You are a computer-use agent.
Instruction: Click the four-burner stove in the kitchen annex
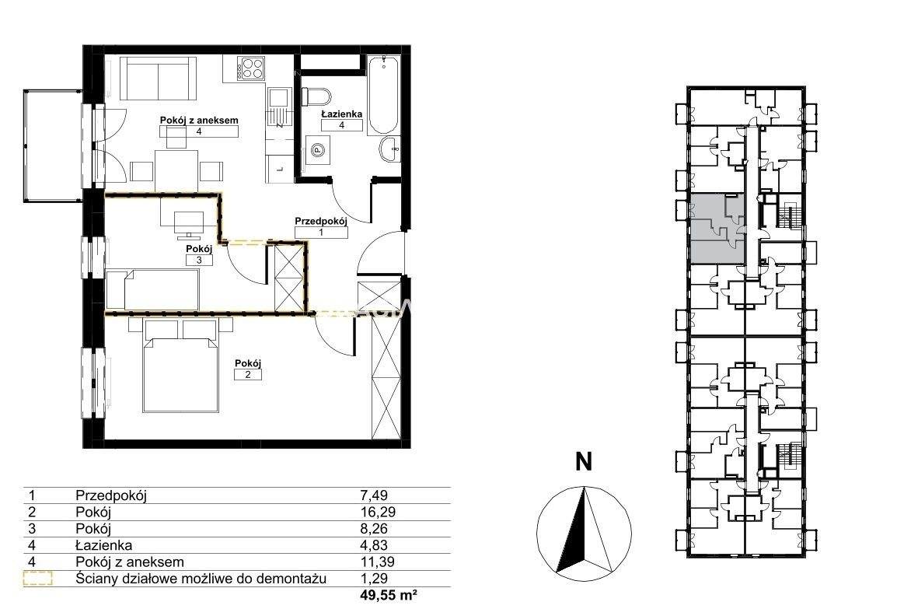pyautogui.click(x=253, y=68)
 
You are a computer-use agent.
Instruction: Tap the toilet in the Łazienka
pyautogui.click(x=316, y=96)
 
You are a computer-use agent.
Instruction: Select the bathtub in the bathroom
pyautogui.click(x=383, y=94)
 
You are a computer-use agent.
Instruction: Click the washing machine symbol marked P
pyautogui.click(x=317, y=150)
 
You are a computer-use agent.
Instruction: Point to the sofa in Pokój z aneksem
pyautogui.click(x=155, y=79)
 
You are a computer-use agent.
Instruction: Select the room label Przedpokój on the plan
pyautogui.click(x=321, y=220)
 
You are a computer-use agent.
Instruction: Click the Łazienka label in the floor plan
pyautogui.click(x=341, y=114)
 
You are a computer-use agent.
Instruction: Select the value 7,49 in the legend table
pyautogui.click(x=374, y=495)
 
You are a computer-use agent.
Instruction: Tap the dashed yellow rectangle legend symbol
pyautogui.click(x=38, y=579)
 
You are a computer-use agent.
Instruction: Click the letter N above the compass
pyautogui.click(x=584, y=461)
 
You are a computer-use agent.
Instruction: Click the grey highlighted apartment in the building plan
pyautogui.click(x=717, y=229)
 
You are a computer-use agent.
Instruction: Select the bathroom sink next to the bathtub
pyautogui.click(x=390, y=149)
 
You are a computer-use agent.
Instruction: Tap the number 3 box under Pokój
pyautogui.click(x=199, y=260)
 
